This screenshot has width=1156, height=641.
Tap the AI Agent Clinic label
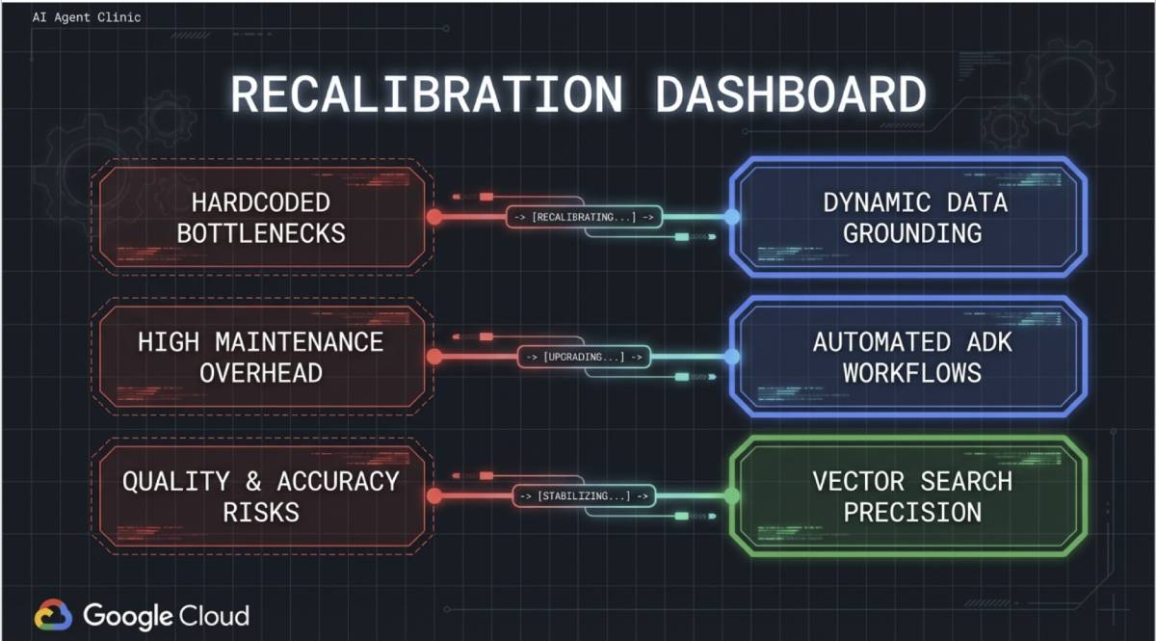point(87,17)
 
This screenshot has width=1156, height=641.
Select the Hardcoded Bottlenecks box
point(261,218)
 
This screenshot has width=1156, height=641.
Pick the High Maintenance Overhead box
point(261,357)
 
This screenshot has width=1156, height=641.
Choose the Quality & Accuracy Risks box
point(261,496)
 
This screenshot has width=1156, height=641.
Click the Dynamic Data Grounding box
point(911,218)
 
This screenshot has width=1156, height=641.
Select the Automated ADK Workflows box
point(911,357)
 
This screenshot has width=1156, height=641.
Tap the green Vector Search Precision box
point(911,496)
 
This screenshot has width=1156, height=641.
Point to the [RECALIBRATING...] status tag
point(585,217)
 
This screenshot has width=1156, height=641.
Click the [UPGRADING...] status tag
point(585,357)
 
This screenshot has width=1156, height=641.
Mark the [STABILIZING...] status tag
point(585,496)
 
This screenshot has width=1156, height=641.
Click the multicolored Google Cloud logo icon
point(53,616)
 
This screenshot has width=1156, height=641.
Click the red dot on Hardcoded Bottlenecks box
point(434,217)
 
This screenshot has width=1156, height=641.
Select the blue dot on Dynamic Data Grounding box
point(732,217)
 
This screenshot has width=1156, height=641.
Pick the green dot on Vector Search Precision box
point(732,496)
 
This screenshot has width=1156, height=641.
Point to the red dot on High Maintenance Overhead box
point(434,357)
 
